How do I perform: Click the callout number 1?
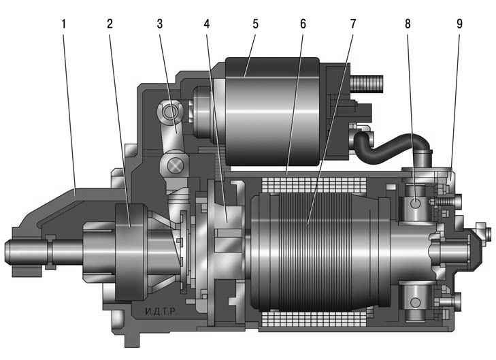click(63, 24)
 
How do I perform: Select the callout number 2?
click(110, 24)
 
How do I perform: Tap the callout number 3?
click(160, 24)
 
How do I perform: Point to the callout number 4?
click(207, 24)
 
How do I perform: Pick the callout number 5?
click(256, 24)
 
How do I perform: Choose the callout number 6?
click(303, 24)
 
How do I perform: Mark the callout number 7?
click(353, 24)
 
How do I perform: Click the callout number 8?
click(408, 24)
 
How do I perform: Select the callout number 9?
click(460, 24)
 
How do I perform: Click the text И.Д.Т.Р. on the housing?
click(161, 312)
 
